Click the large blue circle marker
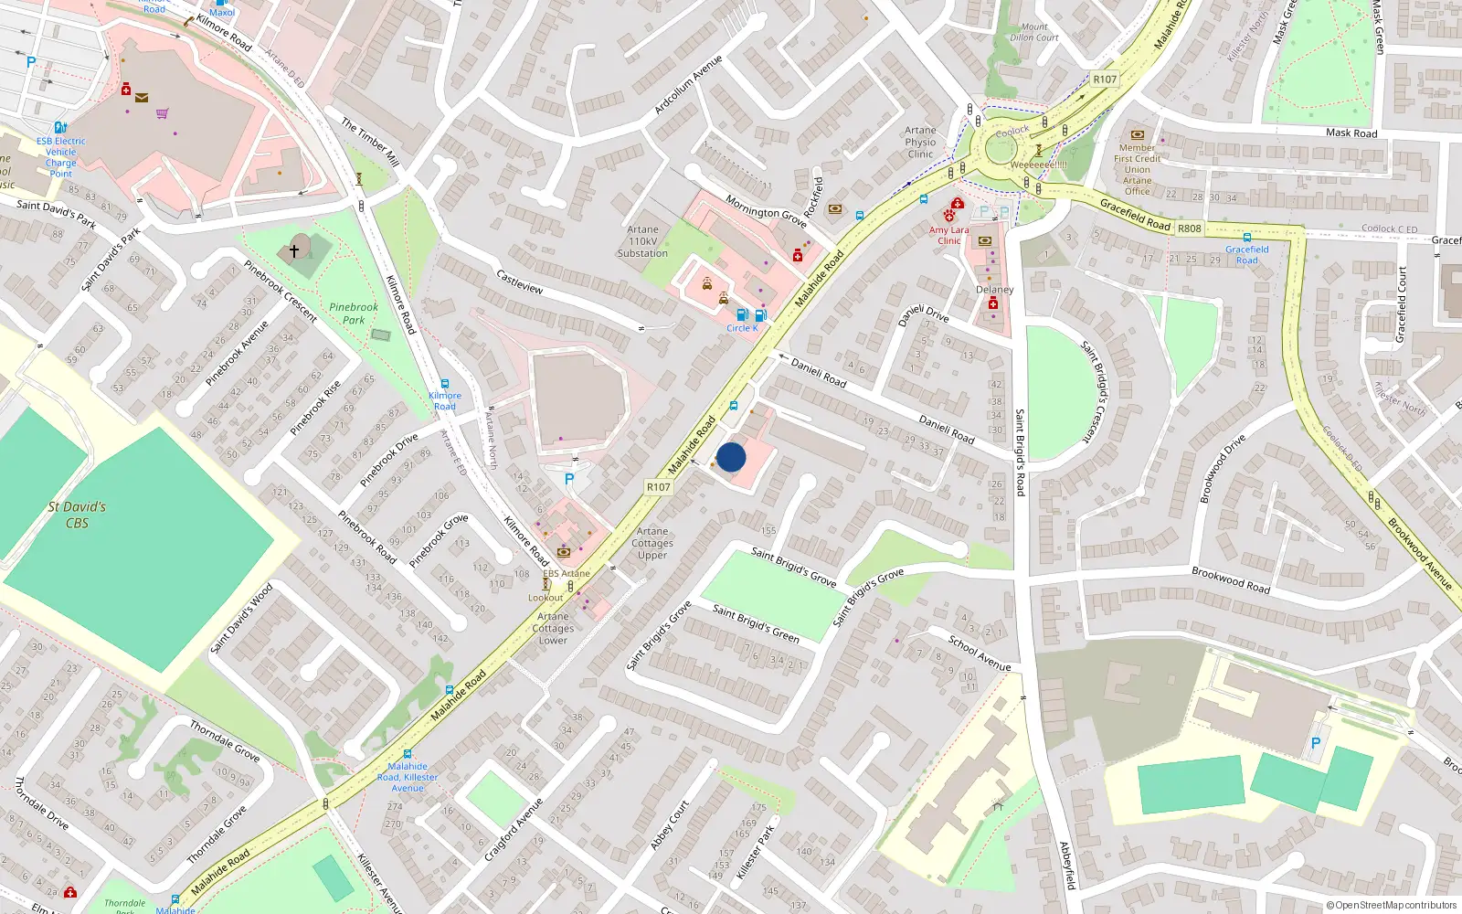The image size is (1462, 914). click(x=731, y=457)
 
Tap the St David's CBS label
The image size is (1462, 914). click(x=77, y=515)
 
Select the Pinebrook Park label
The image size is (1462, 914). click(x=354, y=314)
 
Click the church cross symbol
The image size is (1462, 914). click(x=294, y=250)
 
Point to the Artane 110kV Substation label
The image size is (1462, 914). click(x=642, y=242)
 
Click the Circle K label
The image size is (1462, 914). click(x=742, y=328)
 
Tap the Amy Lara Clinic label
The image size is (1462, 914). click(x=948, y=236)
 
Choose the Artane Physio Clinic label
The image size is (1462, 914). click(x=920, y=143)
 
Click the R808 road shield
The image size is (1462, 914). click(x=1189, y=228)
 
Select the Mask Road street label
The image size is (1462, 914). click(x=1351, y=133)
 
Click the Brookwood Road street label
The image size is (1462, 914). click(x=1230, y=580)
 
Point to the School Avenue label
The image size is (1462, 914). click(x=980, y=654)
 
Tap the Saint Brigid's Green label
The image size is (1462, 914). click(x=756, y=623)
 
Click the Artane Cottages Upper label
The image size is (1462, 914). click(x=652, y=543)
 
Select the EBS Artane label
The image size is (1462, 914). click(x=567, y=574)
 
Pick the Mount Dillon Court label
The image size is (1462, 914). click(x=1034, y=33)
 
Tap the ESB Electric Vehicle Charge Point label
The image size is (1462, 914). click(x=61, y=157)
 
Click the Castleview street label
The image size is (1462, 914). click(x=519, y=281)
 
